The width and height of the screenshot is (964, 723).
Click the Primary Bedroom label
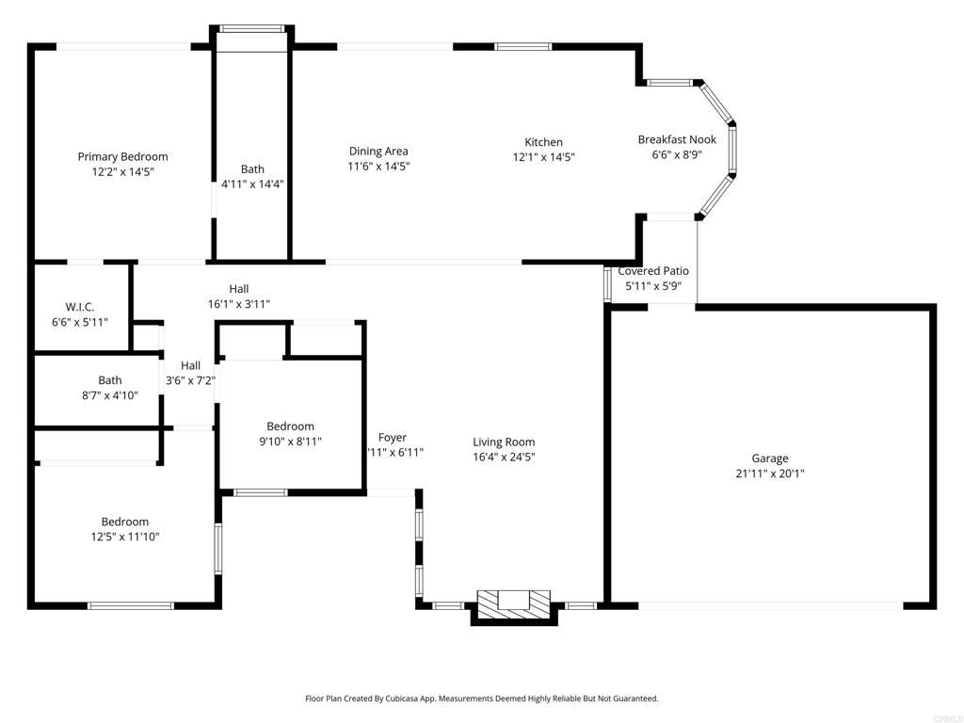122,157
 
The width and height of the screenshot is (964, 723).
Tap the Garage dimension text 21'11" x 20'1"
770,474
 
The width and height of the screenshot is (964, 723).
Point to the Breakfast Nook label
677,139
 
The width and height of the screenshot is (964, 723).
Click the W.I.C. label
80,307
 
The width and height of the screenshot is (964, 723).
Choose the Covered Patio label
653,270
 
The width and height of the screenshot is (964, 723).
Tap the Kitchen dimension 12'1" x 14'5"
543,157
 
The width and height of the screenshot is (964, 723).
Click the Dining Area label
378,151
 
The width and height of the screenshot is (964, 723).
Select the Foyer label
393,437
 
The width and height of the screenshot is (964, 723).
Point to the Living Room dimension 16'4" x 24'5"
505,457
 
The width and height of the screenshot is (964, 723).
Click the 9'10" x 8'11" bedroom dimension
290,441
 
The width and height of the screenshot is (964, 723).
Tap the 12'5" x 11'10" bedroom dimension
125,537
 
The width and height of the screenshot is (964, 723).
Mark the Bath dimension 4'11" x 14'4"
252,184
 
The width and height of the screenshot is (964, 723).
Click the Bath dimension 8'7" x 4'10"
110,395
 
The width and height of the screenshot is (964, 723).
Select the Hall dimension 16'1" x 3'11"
239,304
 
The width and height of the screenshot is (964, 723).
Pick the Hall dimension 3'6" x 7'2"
190,380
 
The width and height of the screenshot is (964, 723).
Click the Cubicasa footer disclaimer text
482,699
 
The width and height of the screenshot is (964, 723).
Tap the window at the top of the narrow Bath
252,28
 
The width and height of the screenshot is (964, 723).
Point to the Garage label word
770,458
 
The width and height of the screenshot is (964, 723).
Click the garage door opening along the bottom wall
770,606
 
